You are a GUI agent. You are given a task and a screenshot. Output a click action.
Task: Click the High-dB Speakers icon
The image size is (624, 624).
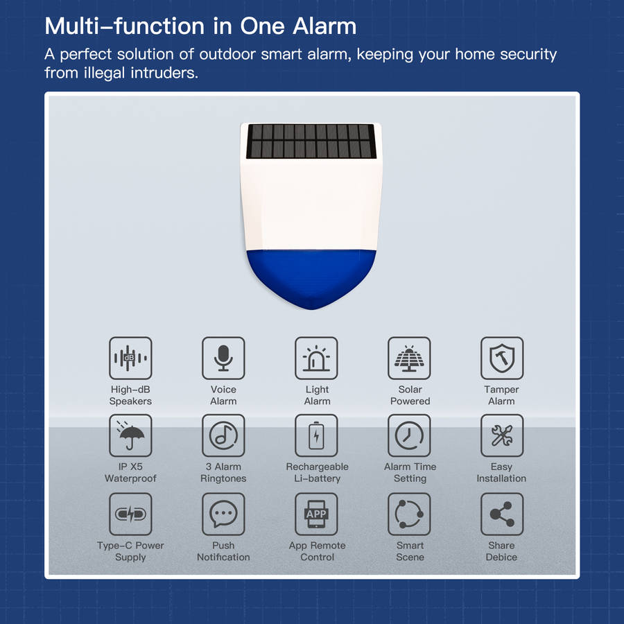click(130, 358)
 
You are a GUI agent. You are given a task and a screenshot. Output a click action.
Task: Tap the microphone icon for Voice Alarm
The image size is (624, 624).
click(223, 358)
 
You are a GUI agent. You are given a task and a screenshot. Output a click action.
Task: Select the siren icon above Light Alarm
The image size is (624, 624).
click(316, 358)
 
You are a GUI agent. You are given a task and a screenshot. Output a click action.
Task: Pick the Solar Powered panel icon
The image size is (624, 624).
click(409, 358)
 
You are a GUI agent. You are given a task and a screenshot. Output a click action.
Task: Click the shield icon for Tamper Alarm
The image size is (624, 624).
click(502, 358)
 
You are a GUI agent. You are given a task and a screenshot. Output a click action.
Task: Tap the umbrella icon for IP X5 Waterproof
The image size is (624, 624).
click(130, 436)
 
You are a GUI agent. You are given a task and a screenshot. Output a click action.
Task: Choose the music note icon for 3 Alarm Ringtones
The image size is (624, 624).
click(223, 436)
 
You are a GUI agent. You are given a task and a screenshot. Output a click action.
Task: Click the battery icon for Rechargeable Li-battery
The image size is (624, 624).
click(316, 436)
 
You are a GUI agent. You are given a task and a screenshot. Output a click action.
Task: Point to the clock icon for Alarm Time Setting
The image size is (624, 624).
click(409, 436)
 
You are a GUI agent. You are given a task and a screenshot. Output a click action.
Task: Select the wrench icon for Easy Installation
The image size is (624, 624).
click(502, 436)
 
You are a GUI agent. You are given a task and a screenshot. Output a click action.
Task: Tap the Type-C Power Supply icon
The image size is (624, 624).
click(130, 514)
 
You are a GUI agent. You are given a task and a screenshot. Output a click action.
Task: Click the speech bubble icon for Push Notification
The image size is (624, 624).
click(223, 514)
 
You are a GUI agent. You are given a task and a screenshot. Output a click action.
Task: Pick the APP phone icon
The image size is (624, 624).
click(316, 514)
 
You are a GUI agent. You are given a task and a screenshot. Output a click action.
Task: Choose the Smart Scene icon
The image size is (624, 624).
click(409, 514)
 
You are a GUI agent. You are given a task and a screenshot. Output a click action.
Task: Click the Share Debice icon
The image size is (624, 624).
click(502, 514)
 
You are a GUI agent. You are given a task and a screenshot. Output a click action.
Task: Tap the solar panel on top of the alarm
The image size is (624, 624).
click(311, 141)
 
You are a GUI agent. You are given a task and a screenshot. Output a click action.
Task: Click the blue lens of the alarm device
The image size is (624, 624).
click(311, 277)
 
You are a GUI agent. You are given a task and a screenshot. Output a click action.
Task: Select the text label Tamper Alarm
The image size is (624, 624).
click(501, 395)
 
